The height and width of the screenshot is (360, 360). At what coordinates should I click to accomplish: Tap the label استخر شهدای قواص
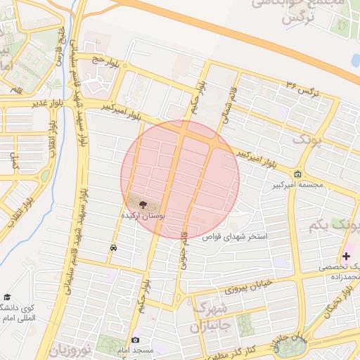tap(235, 238)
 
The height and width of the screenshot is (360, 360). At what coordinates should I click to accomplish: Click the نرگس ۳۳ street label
tap(303, 89)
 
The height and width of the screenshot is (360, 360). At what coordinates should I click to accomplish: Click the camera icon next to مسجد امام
tap(136, 340)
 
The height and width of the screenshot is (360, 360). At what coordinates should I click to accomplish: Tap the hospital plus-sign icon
tap(346, 257)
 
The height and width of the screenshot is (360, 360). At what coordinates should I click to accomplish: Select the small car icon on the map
tap(113, 248)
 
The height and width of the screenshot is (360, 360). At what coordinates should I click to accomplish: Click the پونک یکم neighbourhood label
tap(333, 225)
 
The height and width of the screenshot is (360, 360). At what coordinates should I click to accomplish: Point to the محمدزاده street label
tap(340, 276)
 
